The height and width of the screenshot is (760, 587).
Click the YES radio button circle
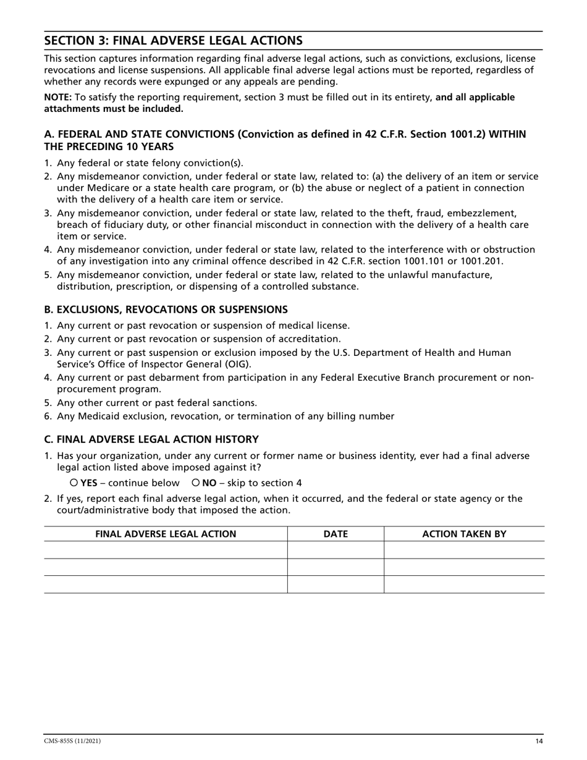click(x=74, y=483)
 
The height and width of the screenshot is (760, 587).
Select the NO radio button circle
click(x=195, y=483)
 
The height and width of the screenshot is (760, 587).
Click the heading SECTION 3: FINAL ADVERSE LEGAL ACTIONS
click(x=173, y=41)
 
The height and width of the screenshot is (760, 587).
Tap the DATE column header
click(x=336, y=534)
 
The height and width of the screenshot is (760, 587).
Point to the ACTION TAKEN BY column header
click(x=464, y=534)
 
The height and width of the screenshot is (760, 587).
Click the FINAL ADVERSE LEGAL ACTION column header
click(x=166, y=534)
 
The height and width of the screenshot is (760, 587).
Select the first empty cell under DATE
click(x=336, y=550)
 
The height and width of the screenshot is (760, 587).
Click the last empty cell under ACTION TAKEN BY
click(x=464, y=585)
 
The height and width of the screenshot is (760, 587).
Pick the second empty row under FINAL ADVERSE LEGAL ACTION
click(x=166, y=567)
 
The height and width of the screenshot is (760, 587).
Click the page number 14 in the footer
click(x=539, y=741)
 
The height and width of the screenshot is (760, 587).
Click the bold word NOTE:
click(x=57, y=97)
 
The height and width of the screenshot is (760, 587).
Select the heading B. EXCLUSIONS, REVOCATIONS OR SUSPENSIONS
click(x=166, y=309)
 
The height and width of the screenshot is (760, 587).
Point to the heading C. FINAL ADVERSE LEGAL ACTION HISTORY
click(x=151, y=439)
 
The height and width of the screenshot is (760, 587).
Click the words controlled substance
click(x=315, y=287)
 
